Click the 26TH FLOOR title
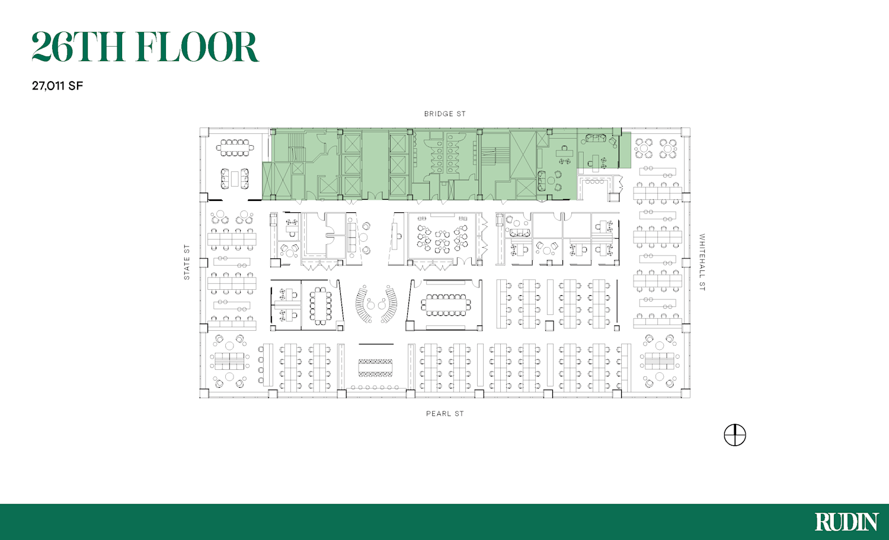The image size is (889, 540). [x=145, y=47]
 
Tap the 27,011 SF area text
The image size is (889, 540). [x=57, y=86]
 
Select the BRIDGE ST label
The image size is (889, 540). [x=445, y=114]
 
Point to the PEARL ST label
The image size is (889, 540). [x=445, y=414]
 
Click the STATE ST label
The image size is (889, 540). [x=187, y=262]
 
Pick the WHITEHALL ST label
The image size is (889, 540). [x=702, y=262]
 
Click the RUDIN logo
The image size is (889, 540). [x=846, y=522]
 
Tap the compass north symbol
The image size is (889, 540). [x=735, y=435]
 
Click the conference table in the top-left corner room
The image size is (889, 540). [x=235, y=148]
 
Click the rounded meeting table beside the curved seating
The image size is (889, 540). [x=320, y=306]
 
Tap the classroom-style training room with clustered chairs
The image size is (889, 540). [x=442, y=239]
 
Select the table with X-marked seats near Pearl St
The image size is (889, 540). [x=375, y=368]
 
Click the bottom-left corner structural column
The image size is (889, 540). [x=204, y=394]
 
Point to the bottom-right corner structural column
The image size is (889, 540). [x=686, y=394]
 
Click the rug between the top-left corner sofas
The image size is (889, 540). [x=235, y=178]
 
